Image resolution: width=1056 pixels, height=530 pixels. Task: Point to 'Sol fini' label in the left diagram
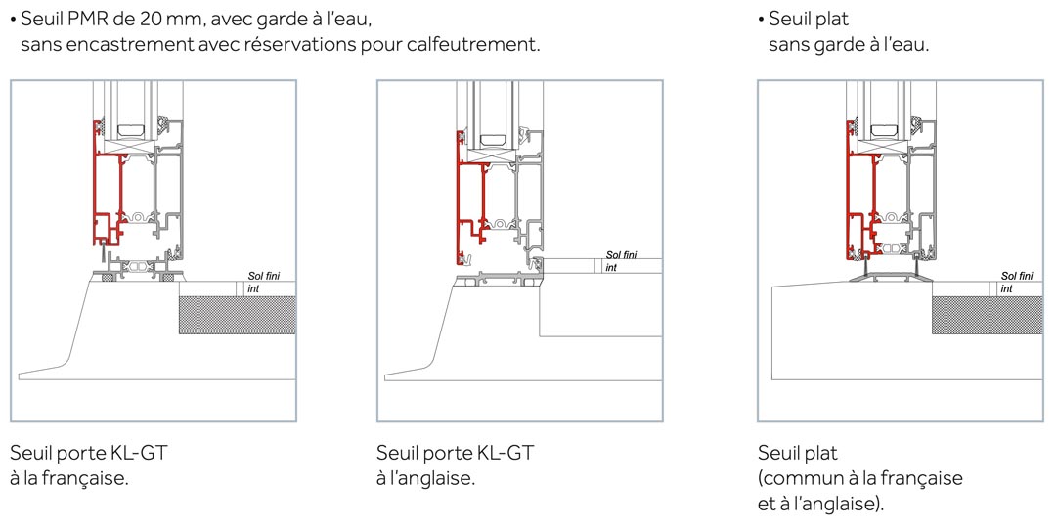tap(263, 276)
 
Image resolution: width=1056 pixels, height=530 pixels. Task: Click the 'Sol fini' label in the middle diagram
tap(621, 255)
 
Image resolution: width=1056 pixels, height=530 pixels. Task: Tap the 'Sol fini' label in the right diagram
tap(1017, 276)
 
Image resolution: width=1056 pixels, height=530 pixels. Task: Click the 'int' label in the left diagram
tap(253, 288)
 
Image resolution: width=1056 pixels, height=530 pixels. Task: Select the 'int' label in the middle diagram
tap(611, 267)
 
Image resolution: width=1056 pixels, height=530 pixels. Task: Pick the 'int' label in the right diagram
tap(1007, 288)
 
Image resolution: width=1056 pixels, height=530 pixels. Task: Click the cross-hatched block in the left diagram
tap(237, 315)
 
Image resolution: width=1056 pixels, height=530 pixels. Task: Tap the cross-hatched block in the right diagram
tap(988, 315)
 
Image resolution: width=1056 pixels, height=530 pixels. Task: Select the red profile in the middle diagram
tap(460, 202)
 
